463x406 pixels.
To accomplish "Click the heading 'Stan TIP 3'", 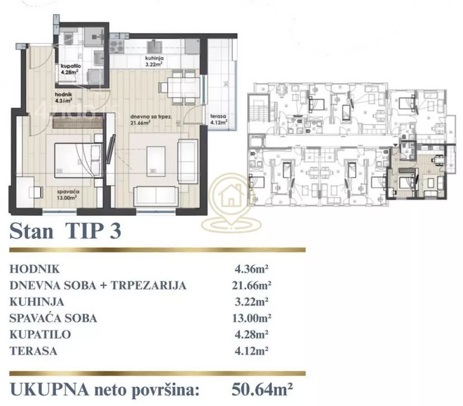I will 65,231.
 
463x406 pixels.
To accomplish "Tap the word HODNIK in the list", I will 34,269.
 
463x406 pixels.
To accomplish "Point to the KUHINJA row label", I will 37,302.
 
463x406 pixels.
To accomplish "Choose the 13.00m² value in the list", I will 250,318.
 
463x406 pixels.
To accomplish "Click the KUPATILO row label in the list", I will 40,334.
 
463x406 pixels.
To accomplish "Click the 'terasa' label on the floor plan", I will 218,115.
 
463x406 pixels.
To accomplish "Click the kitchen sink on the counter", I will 154,46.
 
